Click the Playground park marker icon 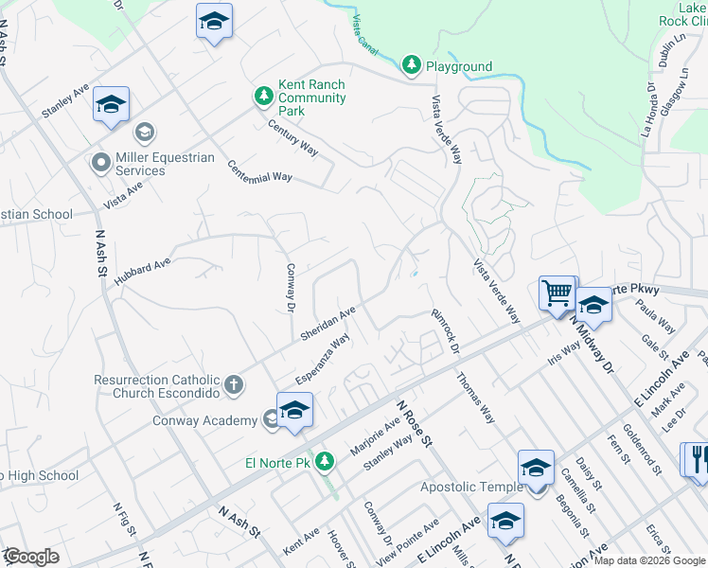[412, 65]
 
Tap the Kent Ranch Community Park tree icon [263, 97]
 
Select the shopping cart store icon [557, 293]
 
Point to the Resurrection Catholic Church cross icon [234, 385]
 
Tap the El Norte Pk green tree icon [326, 462]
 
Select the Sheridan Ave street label [327, 324]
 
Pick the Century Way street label [292, 137]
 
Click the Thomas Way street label [475, 397]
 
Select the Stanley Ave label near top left [65, 101]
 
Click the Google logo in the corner [31, 557]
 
